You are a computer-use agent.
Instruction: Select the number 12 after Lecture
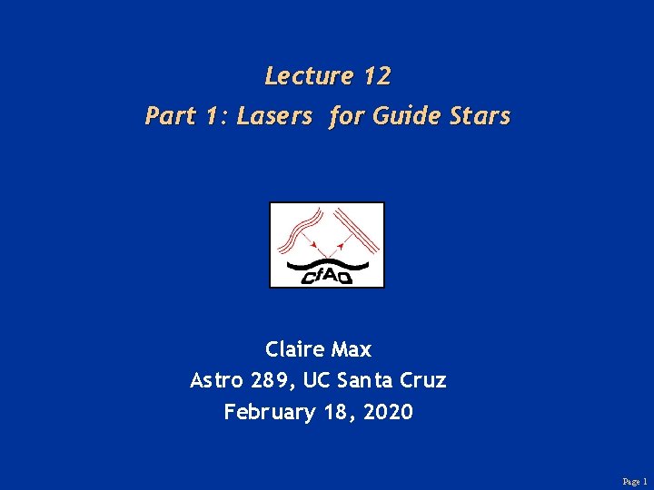pyautogui.click(x=376, y=76)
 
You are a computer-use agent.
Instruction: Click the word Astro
pyautogui.click(x=215, y=381)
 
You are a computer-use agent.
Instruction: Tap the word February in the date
pyautogui.click(x=269, y=413)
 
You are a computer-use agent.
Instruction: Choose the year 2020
pyautogui.click(x=388, y=412)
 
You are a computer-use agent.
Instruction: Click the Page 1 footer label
pyautogui.click(x=634, y=482)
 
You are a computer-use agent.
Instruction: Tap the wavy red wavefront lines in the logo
pyautogui.click(x=301, y=229)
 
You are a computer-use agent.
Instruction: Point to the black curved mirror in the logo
pyautogui.click(x=327, y=264)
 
